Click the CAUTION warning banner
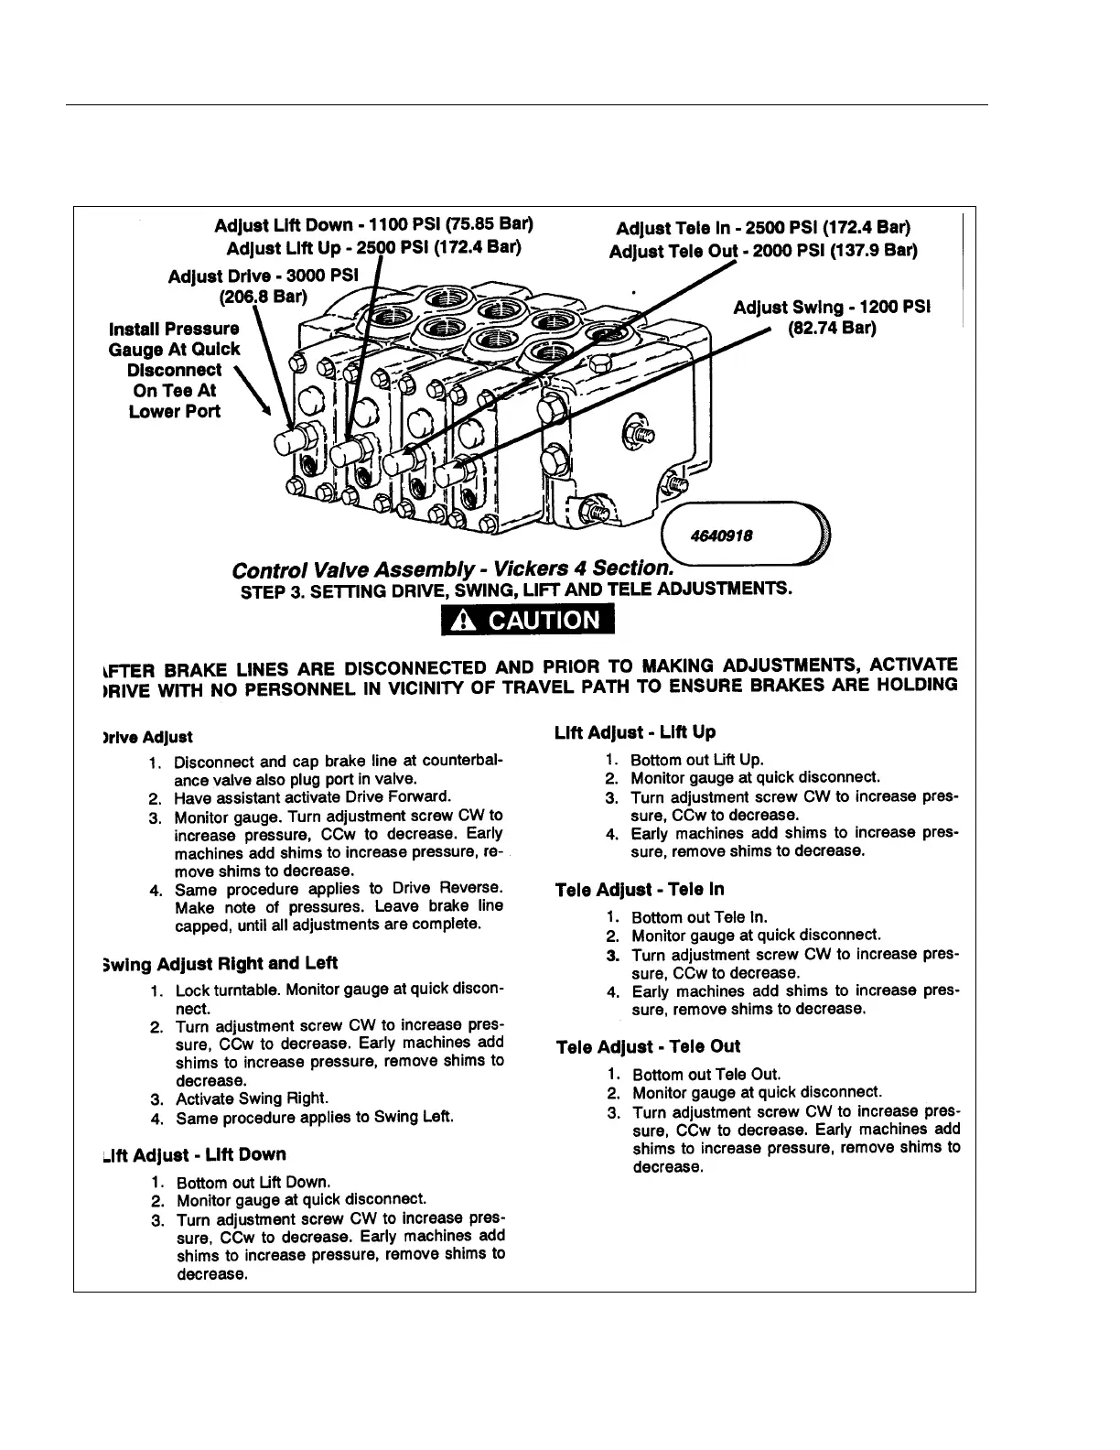(x=526, y=620)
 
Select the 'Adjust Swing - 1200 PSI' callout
(x=831, y=308)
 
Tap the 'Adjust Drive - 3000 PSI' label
(x=265, y=276)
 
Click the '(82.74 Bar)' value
(x=831, y=328)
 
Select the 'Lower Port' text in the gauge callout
(x=175, y=411)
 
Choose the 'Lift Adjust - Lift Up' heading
(x=635, y=732)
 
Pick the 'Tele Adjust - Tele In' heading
(x=640, y=890)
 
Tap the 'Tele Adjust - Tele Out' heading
(x=648, y=1046)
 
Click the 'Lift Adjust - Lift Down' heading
(x=195, y=1154)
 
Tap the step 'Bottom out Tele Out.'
(x=706, y=1075)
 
